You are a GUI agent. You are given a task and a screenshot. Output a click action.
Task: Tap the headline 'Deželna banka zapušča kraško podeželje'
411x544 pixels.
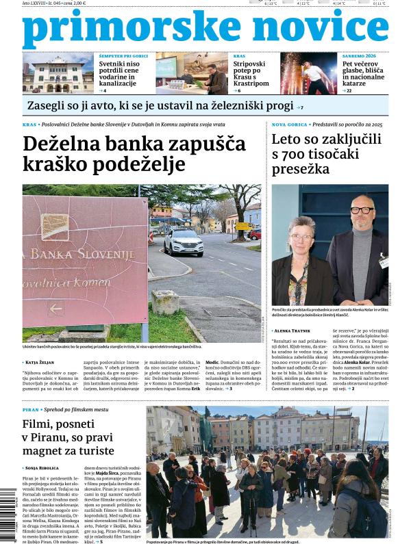134,154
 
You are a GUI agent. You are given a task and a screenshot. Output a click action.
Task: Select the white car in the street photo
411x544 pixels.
183,242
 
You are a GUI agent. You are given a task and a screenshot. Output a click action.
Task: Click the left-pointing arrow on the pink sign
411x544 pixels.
55,309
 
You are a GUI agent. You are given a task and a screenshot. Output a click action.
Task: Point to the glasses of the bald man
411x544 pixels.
362,210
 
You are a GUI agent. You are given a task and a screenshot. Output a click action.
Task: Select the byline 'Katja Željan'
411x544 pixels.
44,361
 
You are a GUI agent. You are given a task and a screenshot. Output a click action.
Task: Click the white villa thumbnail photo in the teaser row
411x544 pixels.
58,73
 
